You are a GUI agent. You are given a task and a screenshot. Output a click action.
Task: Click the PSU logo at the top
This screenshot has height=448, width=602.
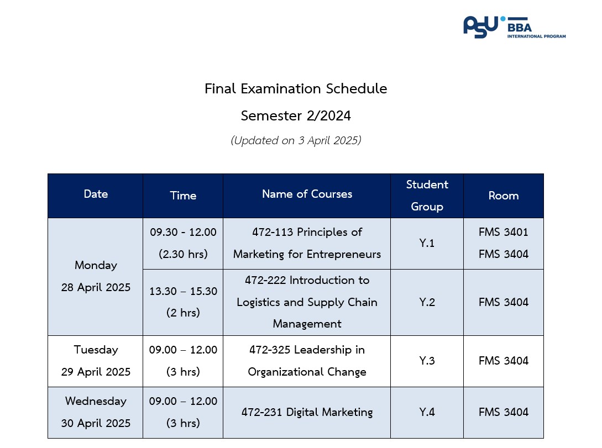(514, 27)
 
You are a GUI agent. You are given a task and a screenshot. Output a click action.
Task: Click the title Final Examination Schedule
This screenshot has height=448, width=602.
(296, 88)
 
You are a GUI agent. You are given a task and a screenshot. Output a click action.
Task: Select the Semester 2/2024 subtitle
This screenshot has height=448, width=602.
(296, 115)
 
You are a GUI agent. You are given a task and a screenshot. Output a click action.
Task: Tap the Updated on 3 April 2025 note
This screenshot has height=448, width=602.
(296, 140)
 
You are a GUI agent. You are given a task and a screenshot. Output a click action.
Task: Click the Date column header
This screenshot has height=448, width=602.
(96, 194)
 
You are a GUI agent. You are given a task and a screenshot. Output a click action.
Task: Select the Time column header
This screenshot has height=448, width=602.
(183, 196)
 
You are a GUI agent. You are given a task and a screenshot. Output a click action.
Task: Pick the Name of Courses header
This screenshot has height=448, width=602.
(307, 194)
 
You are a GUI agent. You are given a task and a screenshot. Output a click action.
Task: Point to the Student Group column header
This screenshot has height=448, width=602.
(427, 196)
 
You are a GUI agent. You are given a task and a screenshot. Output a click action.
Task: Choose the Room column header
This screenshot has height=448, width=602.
(504, 196)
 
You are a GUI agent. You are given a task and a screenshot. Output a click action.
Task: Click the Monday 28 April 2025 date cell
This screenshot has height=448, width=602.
(96, 276)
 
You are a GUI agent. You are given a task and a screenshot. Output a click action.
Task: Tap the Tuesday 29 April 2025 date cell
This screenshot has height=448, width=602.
(96, 361)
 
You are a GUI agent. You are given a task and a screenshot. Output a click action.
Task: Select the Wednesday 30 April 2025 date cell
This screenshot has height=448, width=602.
(96, 412)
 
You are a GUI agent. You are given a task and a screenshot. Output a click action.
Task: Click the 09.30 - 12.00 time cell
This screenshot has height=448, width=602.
(183, 243)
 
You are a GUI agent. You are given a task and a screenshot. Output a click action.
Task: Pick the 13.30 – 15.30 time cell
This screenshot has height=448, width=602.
(183, 302)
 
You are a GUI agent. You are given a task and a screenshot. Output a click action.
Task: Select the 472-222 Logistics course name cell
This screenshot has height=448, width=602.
(307, 302)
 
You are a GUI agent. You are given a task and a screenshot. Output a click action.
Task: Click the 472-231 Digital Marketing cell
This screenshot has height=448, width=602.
(307, 412)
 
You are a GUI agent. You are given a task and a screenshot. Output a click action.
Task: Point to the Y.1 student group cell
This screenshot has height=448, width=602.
(427, 243)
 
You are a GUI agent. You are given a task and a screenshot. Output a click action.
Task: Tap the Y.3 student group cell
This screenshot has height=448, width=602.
(427, 361)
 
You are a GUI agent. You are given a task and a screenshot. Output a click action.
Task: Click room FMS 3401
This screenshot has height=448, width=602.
(504, 232)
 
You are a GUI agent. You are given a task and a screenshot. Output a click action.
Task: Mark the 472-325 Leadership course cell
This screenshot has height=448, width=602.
(307, 361)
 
